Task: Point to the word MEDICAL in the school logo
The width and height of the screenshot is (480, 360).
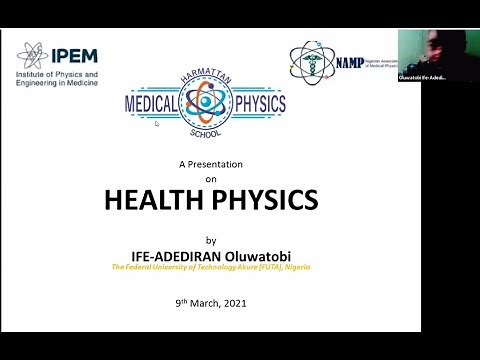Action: pos(150,104)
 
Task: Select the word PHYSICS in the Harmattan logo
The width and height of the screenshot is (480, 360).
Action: pos(255,104)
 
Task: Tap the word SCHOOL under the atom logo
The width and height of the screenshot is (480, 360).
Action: pos(205,131)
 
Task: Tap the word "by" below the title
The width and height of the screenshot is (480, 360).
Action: pos(210,240)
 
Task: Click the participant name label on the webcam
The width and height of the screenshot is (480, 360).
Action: pos(421,77)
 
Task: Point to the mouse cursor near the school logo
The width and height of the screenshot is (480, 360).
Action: pos(157,124)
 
